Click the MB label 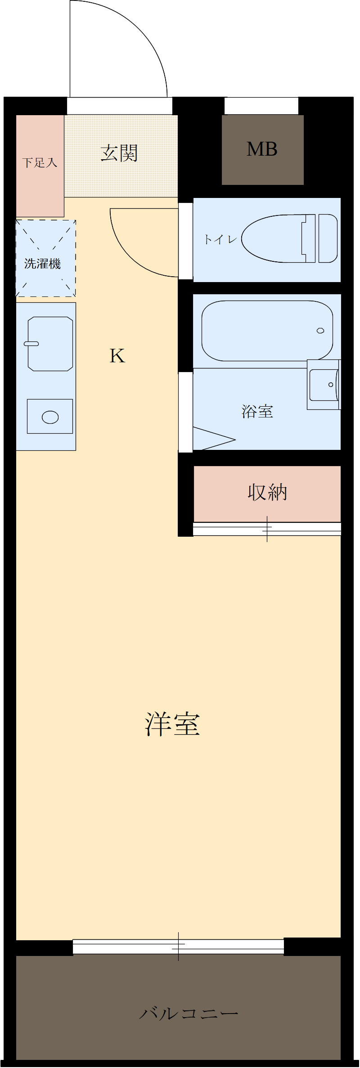[x=262, y=149]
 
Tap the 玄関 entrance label [x=119, y=153]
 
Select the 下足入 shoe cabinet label [x=40, y=162]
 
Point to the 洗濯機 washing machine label [x=43, y=264]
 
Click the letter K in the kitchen [x=117, y=356]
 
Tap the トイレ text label [x=220, y=239]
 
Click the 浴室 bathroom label [x=257, y=411]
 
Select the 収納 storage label [x=267, y=493]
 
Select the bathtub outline [x=267, y=331]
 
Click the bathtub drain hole [x=320, y=331]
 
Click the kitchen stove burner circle [x=50, y=417]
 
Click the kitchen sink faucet [x=31, y=344]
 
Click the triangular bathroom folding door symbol [x=211, y=438]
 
